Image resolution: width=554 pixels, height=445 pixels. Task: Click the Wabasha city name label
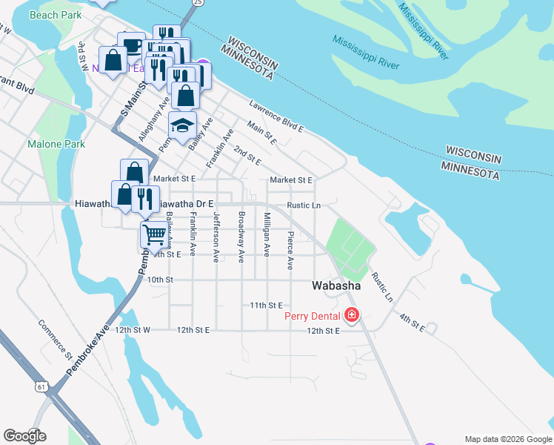(336, 286)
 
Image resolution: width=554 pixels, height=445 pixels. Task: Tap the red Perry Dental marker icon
(352, 317)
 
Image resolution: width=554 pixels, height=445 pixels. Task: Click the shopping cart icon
(154, 234)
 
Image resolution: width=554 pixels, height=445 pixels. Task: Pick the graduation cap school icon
(181, 125)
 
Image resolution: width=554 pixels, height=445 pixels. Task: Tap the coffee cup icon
(131, 45)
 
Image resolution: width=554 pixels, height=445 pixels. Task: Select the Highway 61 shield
(39, 386)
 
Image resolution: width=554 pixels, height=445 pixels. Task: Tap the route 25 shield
(196, 3)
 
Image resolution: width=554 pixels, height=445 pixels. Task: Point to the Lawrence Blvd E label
(276, 116)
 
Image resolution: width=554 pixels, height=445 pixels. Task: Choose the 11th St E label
(266, 305)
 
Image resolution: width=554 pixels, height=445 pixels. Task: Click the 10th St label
(159, 280)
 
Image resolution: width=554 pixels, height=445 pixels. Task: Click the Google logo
(24, 435)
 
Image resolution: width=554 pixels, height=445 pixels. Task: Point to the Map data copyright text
(507, 439)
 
